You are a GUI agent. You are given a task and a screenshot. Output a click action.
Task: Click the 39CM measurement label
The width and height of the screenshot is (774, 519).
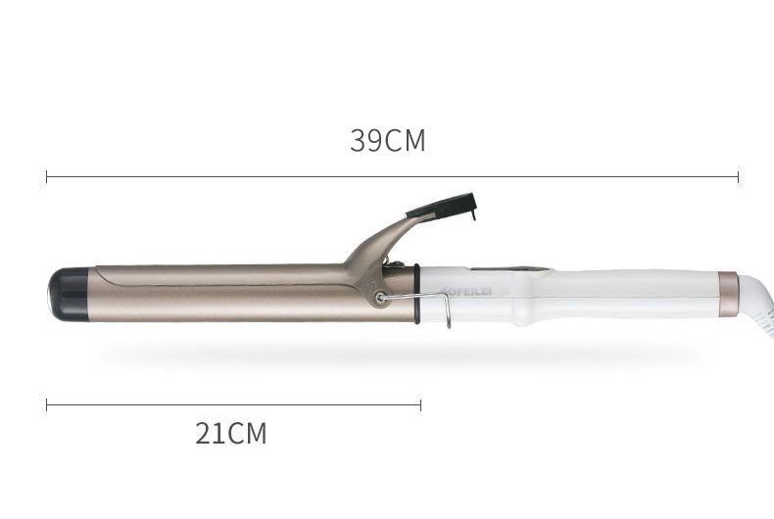click(388, 141)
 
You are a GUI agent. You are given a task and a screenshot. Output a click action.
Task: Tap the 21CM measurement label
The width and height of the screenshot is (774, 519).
click(230, 433)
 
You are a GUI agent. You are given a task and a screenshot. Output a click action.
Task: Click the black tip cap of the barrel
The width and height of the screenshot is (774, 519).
click(68, 292)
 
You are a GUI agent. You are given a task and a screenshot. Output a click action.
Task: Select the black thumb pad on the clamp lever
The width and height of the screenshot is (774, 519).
click(443, 206)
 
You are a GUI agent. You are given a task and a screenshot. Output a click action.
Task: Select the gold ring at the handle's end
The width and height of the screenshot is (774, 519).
click(728, 294)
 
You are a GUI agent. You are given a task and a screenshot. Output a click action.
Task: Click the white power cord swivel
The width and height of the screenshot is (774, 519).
click(756, 300)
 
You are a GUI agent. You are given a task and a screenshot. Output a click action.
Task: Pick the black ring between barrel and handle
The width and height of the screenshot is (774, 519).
click(416, 294)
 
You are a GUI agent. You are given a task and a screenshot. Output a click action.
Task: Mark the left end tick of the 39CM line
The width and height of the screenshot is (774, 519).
click(47, 176)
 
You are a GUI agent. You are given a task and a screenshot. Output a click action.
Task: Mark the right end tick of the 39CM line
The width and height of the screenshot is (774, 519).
click(738, 176)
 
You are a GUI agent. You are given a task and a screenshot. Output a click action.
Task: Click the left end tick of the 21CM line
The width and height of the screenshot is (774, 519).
click(47, 404)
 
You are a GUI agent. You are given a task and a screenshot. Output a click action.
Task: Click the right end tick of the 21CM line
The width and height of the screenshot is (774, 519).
click(420, 404)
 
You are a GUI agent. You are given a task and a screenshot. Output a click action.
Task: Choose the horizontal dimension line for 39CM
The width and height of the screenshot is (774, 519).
click(392, 177)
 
